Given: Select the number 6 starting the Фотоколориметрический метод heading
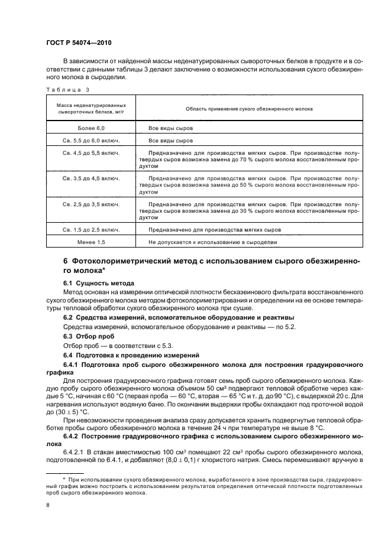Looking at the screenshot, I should (x=66, y=261).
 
